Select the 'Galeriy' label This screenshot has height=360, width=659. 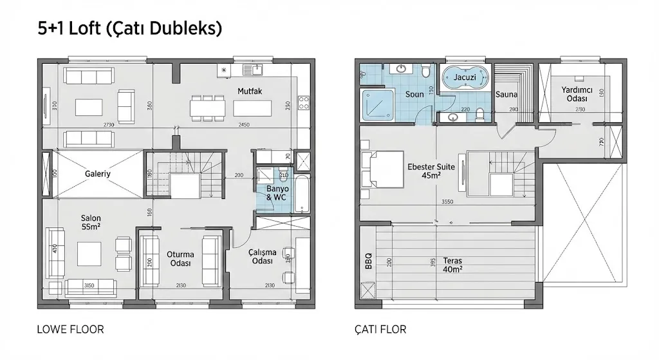coord(98,173)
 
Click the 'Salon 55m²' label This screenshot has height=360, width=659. coord(91,222)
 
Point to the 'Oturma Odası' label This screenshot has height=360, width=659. coord(180,259)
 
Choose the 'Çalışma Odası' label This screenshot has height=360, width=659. coord(262,257)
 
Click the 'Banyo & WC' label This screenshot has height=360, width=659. coord(277,194)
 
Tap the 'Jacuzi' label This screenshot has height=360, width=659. coord(465,77)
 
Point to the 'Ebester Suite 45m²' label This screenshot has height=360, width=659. coord(431,171)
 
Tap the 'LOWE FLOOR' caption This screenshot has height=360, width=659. coord(71,330)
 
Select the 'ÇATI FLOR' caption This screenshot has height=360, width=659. coord(380,330)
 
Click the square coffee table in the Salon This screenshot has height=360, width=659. coord(89,252)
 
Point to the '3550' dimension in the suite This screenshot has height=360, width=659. coord(448,202)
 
